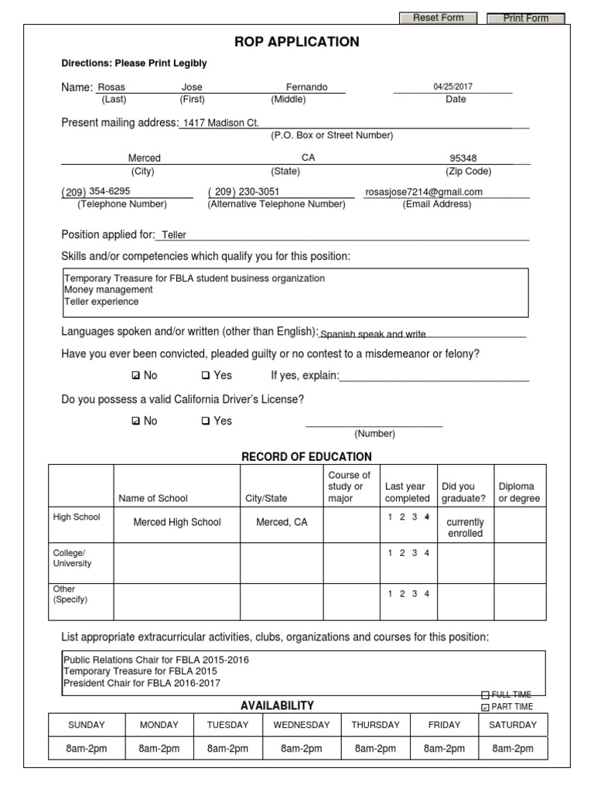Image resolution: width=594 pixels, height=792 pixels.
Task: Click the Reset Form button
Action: (438, 18)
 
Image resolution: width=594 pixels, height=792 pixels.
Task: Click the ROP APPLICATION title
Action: (297, 42)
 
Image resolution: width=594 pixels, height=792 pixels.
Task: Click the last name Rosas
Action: (111, 87)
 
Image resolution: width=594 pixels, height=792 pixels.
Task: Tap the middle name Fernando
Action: (307, 87)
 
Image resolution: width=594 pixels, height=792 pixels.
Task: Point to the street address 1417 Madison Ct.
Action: (220, 122)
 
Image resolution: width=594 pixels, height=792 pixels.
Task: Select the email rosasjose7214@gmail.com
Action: (424, 192)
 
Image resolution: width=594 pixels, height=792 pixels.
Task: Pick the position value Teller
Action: (174, 235)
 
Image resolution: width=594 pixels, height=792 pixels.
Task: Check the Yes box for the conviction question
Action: (206, 376)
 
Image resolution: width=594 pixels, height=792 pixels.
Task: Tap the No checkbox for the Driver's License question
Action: (136, 422)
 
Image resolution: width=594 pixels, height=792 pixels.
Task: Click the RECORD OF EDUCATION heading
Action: (306, 456)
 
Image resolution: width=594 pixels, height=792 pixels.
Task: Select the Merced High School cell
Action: (177, 522)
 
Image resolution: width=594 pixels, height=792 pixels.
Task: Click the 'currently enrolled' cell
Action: (465, 527)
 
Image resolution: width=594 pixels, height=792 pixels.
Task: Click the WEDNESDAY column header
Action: (301, 725)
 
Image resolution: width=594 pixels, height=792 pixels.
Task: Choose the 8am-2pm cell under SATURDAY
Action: (513, 749)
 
